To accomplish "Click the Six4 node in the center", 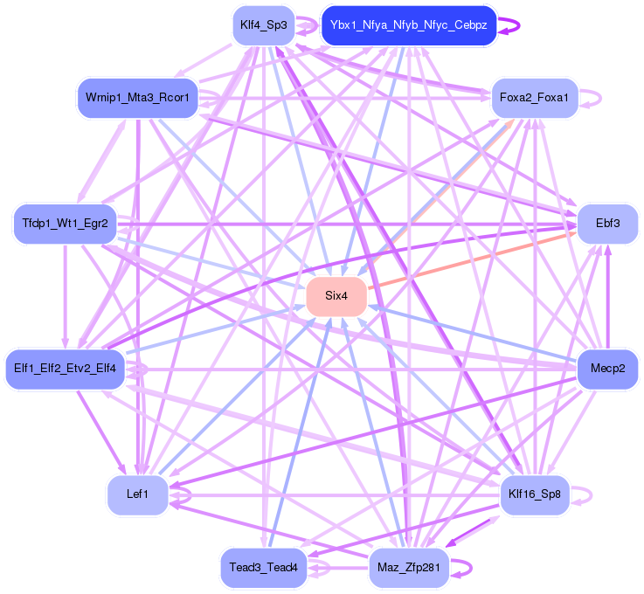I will (x=336, y=296).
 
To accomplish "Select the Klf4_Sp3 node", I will (x=263, y=25).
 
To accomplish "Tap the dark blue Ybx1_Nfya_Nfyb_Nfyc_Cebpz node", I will (x=409, y=25).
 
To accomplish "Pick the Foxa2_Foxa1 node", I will (x=534, y=98).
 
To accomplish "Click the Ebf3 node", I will (x=607, y=224).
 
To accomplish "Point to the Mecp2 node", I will (x=607, y=368).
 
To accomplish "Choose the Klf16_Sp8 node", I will (x=534, y=494).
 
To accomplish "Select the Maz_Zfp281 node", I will (x=408, y=568).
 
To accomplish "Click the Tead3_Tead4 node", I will (x=263, y=568).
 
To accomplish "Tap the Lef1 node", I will (x=137, y=494).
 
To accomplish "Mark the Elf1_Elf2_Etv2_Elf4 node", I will (x=65, y=368).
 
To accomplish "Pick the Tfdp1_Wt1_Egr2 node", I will (x=65, y=224).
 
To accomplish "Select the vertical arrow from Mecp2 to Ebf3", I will (x=608, y=297).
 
